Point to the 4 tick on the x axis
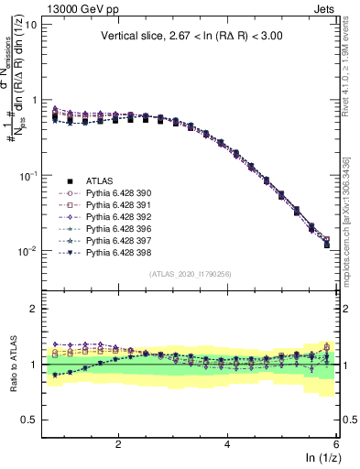click(227, 442)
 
